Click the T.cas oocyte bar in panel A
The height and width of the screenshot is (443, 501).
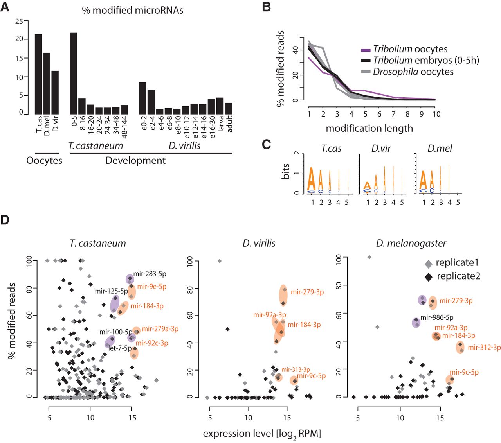coord(38,74)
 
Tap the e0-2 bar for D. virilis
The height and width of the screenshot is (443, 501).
coord(142,98)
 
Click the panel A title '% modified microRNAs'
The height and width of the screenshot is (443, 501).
coord(133,10)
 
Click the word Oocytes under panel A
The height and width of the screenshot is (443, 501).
coord(44,161)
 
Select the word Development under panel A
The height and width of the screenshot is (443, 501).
coord(135,161)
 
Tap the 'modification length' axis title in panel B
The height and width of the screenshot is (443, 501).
coord(369,128)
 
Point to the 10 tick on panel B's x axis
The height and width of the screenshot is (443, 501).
coord(436,114)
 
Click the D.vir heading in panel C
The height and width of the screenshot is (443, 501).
coord(381,149)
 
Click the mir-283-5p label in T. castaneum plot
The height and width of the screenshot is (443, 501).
coord(150,274)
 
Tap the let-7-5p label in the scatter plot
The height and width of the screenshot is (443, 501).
coord(120,348)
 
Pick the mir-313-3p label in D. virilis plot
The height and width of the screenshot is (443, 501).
coord(296,369)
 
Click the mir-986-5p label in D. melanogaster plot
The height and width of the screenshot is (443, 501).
coord(437,318)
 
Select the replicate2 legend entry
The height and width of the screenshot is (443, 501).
coord(458,276)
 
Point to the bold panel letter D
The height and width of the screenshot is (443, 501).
coord(5,220)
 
